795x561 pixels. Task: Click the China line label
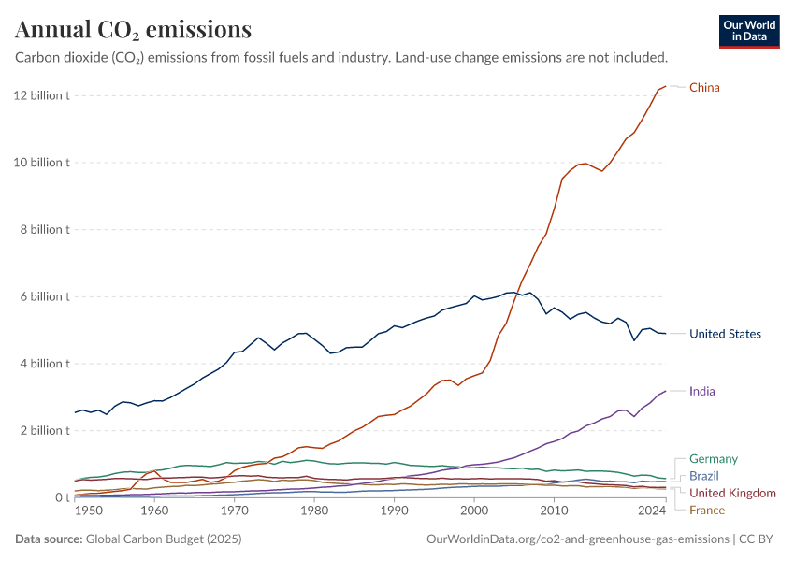(704, 88)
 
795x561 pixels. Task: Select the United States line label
(725, 334)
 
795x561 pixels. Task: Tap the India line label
(701, 391)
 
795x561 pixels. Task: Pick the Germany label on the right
(713, 459)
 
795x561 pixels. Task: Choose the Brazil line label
(704, 476)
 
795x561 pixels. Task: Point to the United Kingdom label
(732, 493)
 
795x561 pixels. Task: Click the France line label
(706, 510)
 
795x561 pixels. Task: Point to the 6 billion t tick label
(41, 296)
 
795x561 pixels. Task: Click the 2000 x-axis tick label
(474, 511)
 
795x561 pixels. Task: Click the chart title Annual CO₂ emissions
(133, 30)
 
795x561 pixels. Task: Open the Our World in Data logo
(749, 31)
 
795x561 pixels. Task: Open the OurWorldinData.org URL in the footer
(577, 539)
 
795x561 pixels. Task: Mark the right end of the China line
(665, 86)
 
